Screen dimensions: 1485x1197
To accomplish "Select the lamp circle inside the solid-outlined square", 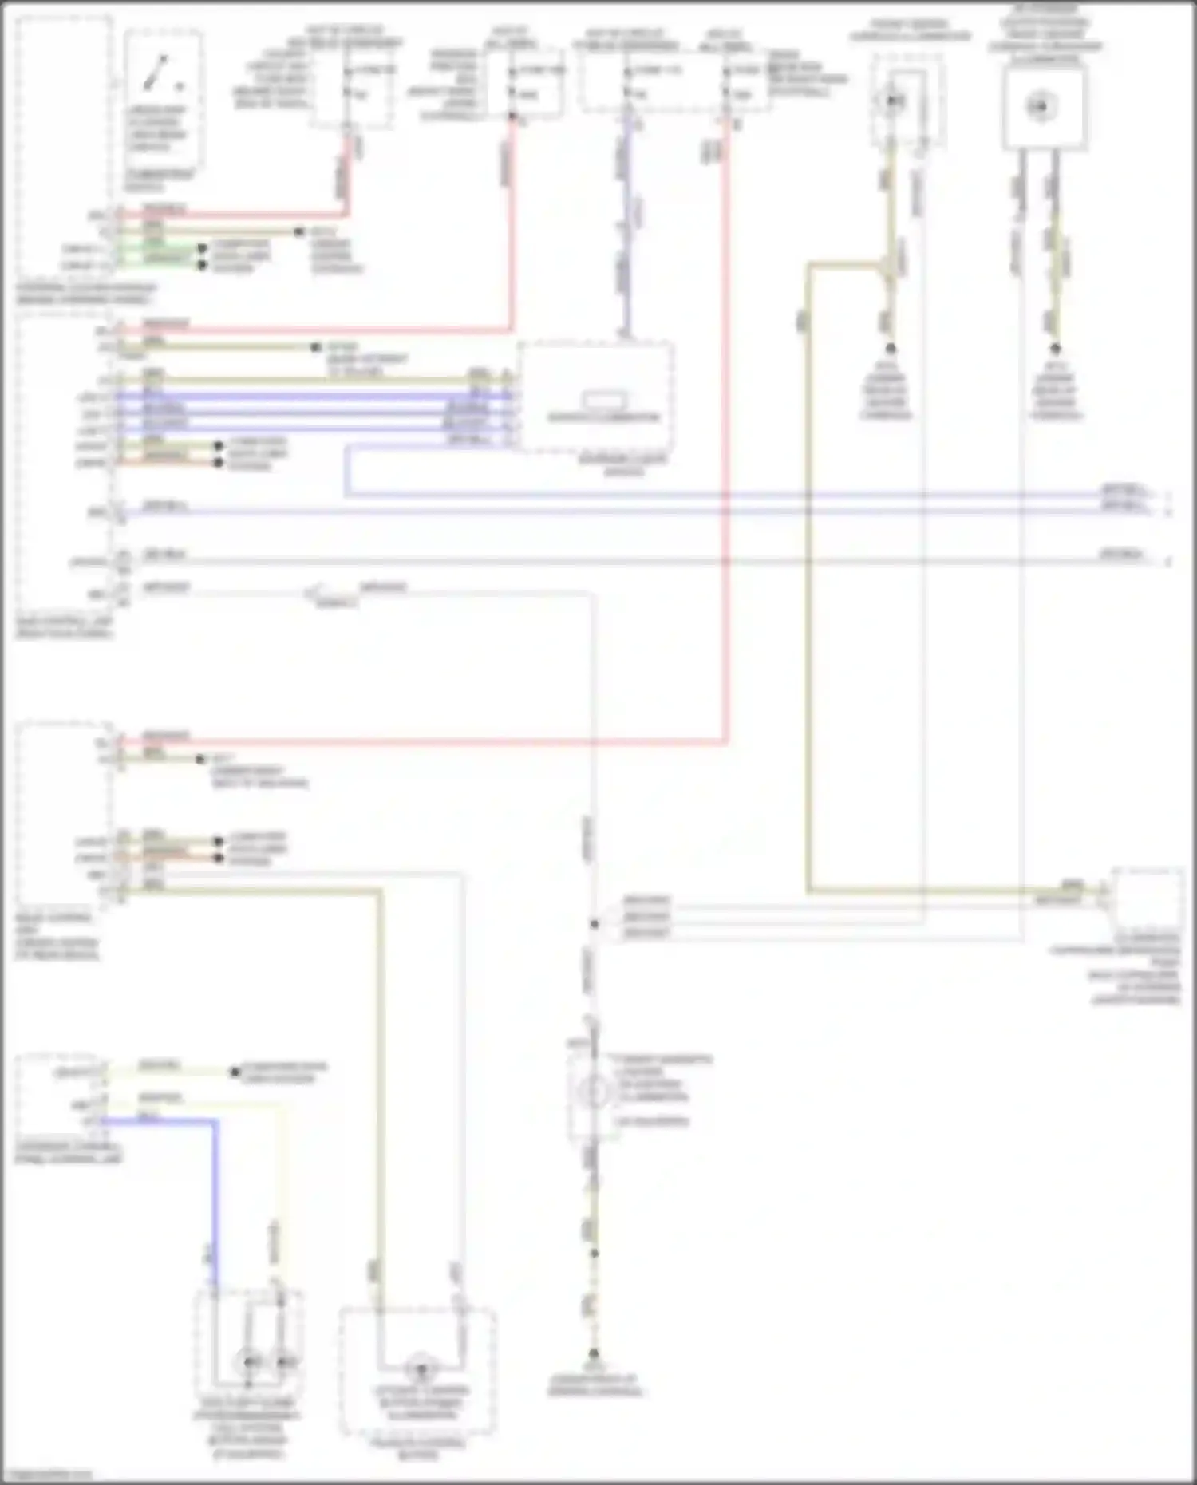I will [x=1040, y=106].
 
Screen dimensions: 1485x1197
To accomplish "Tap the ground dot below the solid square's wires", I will [x=1055, y=349].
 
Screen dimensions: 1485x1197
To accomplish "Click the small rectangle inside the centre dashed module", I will [x=603, y=399].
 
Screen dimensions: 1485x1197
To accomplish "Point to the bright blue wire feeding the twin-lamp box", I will [x=214, y=1197].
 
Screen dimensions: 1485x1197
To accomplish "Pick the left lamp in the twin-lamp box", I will [x=249, y=1361].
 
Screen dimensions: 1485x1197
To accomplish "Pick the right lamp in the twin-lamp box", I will [x=284, y=1361].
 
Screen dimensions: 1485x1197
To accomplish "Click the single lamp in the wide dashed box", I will [x=420, y=1369].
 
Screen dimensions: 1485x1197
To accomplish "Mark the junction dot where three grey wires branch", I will [x=594, y=924].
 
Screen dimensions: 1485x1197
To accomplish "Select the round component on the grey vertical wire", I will [x=592, y=1091].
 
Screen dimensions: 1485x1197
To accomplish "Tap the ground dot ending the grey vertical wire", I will [x=594, y=1353].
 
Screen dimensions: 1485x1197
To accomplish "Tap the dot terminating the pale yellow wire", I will [x=235, y=1072].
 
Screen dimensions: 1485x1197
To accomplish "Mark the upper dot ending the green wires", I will [x=203, y=248].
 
